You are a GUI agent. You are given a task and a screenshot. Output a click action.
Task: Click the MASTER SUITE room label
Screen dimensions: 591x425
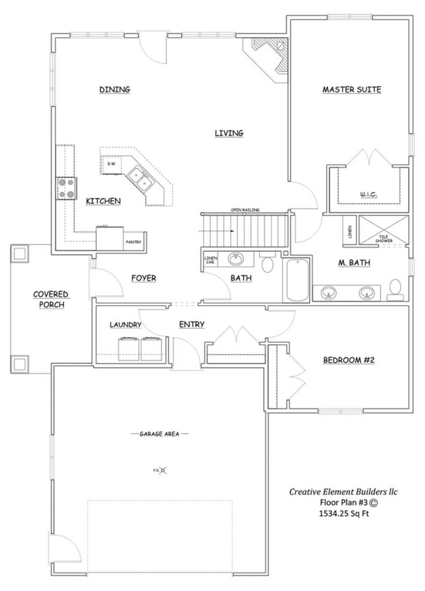352,89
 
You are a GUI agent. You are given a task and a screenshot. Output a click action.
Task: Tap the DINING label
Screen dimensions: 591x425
114,89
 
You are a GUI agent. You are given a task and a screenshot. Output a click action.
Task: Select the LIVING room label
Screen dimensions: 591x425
229,133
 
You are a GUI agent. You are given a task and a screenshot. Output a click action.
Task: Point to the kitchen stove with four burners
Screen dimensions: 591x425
66,188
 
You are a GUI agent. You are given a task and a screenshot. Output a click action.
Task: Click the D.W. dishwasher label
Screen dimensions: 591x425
111,164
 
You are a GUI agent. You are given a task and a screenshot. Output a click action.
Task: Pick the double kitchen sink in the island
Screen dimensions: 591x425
140,178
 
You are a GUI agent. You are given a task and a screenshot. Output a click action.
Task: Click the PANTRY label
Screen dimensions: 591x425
133,242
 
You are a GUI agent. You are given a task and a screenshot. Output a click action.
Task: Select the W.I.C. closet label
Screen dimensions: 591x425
368,194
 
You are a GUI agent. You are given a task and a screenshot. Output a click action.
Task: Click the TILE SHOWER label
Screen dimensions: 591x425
383,237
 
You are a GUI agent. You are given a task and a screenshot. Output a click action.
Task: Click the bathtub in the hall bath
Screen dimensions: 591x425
296,280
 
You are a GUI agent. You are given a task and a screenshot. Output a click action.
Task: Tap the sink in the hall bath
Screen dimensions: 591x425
236,259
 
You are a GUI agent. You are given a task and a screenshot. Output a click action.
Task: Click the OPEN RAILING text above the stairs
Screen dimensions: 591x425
245,210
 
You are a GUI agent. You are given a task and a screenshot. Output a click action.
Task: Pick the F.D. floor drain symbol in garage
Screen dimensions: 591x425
164,470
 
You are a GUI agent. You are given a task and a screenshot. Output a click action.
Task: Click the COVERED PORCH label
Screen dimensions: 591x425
49,299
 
